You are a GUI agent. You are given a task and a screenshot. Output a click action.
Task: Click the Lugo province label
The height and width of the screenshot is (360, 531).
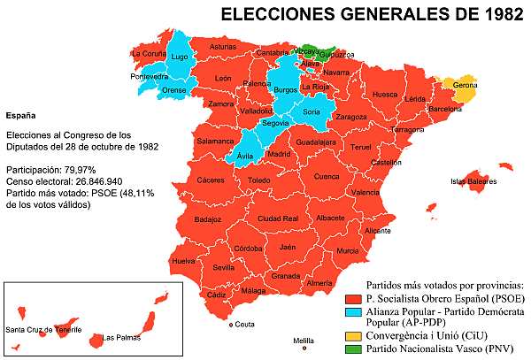coord(180,57)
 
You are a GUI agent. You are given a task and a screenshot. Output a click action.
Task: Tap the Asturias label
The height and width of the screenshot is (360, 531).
coord(223,46)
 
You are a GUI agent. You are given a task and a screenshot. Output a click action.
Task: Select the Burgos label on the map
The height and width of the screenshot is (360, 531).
coord(286,90)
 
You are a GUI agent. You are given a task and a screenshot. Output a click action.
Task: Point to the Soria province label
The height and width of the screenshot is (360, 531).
coord(311,111)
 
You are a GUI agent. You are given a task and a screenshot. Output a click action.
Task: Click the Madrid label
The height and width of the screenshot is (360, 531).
coord(279,154)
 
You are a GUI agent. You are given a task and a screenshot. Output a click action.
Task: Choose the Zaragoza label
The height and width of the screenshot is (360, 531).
coord(351,117)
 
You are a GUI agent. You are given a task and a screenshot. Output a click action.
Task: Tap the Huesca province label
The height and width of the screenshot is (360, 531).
coord(385,95)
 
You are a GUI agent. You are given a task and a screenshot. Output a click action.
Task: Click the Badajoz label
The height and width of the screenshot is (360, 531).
coord(207,219)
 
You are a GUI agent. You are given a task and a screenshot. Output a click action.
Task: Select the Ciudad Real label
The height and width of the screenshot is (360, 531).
coord(278,218)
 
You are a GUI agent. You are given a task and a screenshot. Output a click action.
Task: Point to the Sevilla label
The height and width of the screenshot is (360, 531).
coord(224,267)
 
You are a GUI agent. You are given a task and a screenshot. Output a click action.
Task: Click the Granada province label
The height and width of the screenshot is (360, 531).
coord(286,276)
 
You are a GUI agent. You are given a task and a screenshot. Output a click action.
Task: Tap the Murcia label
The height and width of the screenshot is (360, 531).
coord(348,251)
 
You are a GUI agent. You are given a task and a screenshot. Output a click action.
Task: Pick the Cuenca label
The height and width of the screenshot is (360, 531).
coord(327,176)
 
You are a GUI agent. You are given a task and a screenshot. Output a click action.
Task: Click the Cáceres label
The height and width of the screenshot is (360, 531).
coord(211,180)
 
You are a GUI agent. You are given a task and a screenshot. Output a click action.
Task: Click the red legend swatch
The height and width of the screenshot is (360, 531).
coord(353,300)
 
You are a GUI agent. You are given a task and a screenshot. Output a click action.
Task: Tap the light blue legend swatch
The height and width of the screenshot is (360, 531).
coord(353,312)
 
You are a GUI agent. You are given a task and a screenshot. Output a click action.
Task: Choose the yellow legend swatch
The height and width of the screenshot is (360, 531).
coord(353,336)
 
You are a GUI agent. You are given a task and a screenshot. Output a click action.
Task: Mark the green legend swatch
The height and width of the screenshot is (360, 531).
coord(353,349)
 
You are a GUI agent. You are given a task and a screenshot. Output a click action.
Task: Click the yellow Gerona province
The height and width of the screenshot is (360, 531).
coord(462,90)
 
